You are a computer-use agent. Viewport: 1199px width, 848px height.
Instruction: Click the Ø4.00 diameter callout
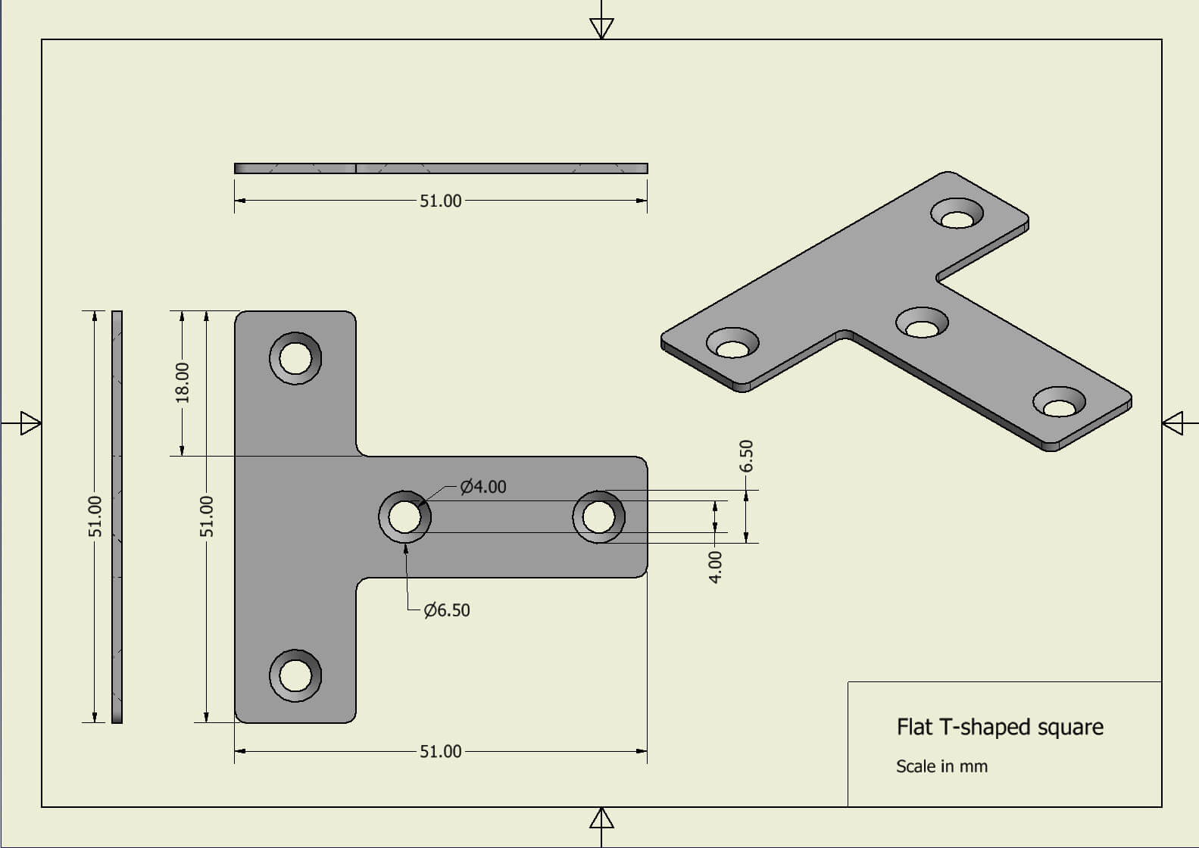(x=483, y=487)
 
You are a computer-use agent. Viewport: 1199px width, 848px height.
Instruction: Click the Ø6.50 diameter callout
(x=447, y=610)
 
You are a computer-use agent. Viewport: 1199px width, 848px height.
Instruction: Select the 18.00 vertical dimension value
(x=183, y=382)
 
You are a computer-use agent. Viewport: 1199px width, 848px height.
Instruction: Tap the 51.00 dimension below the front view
(x=440, y=751)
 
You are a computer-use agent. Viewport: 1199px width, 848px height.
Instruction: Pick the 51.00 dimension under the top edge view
(x=440, y=201)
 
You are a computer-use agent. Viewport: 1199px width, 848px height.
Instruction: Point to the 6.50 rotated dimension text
(x=746, y=456)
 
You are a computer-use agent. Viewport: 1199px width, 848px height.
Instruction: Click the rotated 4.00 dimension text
(x=715, y=566)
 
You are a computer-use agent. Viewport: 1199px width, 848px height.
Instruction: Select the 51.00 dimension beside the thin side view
(x=95, y=516)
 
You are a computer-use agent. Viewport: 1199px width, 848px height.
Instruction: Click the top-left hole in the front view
(x=295, y=357)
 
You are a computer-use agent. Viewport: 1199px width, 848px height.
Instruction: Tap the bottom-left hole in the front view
(x=295, y=675)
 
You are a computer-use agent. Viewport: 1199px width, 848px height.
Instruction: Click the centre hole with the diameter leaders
(x=405, y=517)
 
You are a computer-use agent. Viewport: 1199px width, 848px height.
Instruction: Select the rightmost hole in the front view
(x=599, y=517)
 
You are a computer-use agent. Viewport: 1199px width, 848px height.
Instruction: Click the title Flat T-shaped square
(x=1000, y=727)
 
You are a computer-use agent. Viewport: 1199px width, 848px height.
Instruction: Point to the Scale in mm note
(x=941, y=766)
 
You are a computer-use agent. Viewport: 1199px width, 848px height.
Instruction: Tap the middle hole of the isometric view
(x=922, y=326)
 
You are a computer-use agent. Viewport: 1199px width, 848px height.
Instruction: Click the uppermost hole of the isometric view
(x=957, y=216)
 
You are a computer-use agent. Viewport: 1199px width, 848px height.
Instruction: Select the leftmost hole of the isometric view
(x=732, y=345)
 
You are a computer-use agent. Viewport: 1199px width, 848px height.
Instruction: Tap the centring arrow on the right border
(x=1172, y=422)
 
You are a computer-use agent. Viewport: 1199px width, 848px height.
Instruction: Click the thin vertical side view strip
(x=117, y=516)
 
